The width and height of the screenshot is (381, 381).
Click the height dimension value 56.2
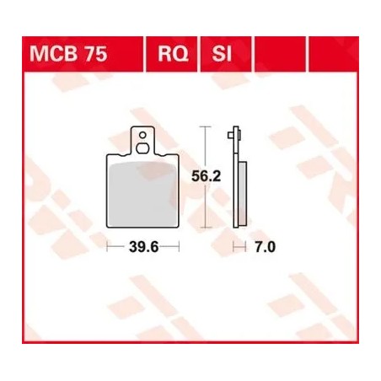coord(199,178)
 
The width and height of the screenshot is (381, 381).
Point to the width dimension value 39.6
coord(144,247)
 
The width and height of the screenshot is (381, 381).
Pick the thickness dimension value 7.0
coord(266,247)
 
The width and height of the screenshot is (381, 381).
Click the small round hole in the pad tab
coord(144,132)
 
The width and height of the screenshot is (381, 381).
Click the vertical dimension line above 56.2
coord(201,148)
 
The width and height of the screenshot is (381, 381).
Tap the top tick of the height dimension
coord(201,126)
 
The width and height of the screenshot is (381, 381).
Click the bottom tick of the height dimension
coord(201,229)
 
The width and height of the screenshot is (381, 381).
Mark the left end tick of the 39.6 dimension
coord(109,247)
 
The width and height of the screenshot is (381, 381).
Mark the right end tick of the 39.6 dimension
coord(180,247)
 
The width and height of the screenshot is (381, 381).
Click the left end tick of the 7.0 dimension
coord(234,247)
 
